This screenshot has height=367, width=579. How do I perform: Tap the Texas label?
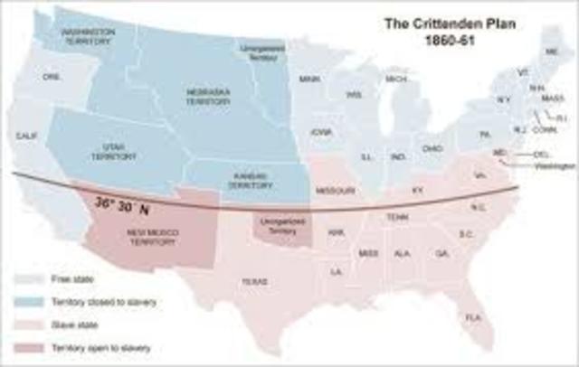[x=253, y=281]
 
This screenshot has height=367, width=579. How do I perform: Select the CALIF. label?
[x=25, y=136]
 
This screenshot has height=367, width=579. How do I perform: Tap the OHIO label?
[x=433, y=147]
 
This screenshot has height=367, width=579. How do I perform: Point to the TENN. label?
[x=397, y=217]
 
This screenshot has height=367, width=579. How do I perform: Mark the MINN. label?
[x=310, y=80]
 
